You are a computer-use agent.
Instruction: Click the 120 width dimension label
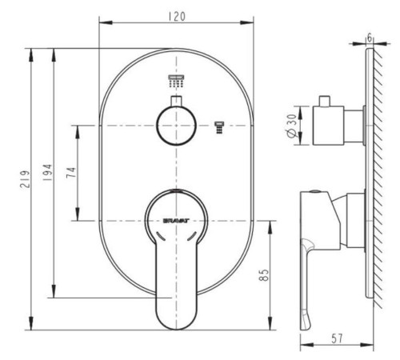[177, 17]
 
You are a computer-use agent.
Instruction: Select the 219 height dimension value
[26, 179]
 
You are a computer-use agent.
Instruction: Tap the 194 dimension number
[47, 173]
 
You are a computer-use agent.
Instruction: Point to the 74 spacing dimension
[71, 173]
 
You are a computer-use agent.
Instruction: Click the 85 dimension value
[263, 274]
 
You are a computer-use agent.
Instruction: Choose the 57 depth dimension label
[337, 338]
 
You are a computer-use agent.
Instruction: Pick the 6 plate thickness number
[370, 38]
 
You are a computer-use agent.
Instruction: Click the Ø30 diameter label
[291, 126]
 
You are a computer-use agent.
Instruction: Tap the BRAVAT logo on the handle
[176, 221]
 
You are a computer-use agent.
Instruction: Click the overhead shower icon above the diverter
[176, 81]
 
